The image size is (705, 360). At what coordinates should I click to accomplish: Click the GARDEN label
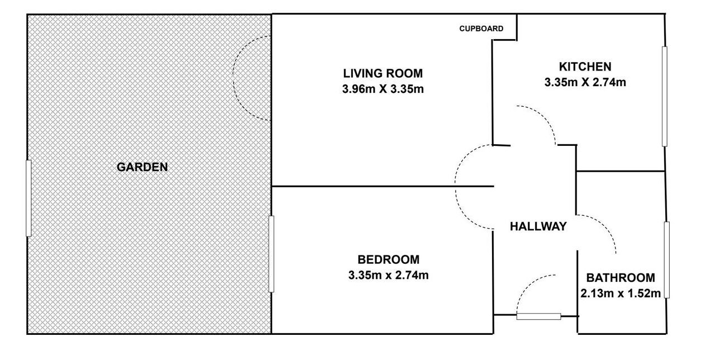click(142, 167)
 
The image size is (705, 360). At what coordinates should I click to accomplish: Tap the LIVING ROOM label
click(383, 73)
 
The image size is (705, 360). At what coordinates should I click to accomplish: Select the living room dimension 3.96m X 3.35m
click(383, 89)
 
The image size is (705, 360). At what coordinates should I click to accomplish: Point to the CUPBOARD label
click(481, 29)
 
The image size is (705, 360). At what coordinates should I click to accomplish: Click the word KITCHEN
click(585, 67)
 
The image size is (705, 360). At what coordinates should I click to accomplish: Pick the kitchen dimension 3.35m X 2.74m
click(585, 82)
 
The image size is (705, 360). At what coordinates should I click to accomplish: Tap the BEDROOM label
click(389, 259)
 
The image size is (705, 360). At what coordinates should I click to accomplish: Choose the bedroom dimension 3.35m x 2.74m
click(389, 276)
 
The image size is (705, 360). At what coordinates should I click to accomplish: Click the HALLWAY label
click(538, 226)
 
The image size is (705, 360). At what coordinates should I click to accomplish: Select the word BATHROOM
click(621, 278)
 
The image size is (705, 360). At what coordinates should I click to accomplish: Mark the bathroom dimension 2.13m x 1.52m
click(621, 293)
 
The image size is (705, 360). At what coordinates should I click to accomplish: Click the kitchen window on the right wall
click(665, 97)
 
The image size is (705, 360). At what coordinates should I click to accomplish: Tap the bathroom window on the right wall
click(666, 260)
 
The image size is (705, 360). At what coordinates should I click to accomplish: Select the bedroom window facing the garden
click(271, 254)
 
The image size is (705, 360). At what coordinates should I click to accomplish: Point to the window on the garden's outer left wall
click(29, 198)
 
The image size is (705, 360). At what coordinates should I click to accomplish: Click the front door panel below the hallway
click(538, 316)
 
